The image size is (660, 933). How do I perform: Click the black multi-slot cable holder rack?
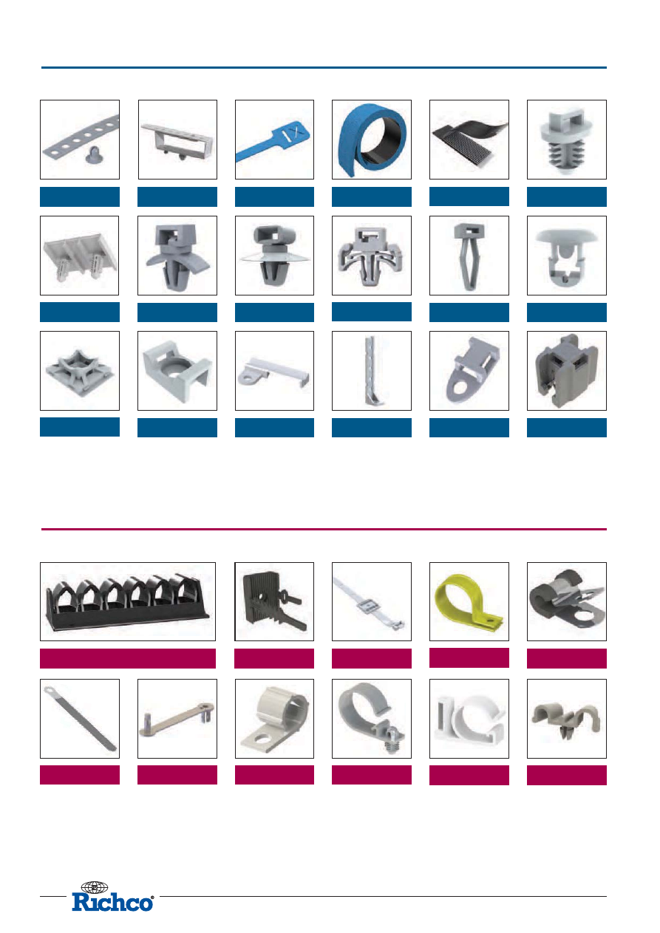(x=128, y=601)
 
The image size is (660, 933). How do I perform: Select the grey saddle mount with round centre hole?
(x=177, y=370)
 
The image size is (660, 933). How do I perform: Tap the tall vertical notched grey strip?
(x=372, y=371)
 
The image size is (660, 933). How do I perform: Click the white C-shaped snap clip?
(x=469, y=719)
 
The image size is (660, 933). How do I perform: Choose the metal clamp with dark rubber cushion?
(x=566, y=598)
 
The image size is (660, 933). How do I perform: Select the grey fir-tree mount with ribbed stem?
(x=567, y=140)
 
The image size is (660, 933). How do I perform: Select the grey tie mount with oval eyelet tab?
(x=469, y=370)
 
